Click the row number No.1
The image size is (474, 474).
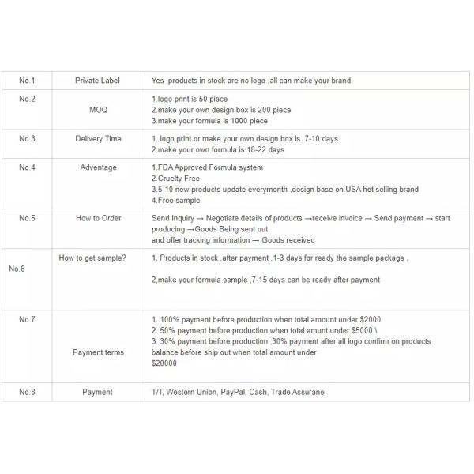click(x=27, y=81)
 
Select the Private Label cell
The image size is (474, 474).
click(x=98, y=81)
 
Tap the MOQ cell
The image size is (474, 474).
click(x=98, y=110)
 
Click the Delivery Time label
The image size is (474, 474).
click(x=98, y=139)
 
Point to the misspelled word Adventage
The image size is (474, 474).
click(x=98, y=167)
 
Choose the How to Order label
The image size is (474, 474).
click(x=98, y=218)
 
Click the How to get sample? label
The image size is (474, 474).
click(x=92, y=258)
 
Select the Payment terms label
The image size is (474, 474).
click(x=98, y=352)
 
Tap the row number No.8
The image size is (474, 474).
click(x=27, y=392)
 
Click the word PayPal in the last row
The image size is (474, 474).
click(x=233, y=392)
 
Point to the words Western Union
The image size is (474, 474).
click(x=192, y=392)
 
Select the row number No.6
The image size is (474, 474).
click(x=17, y=269)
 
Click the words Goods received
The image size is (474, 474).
click(x=290, y=240)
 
